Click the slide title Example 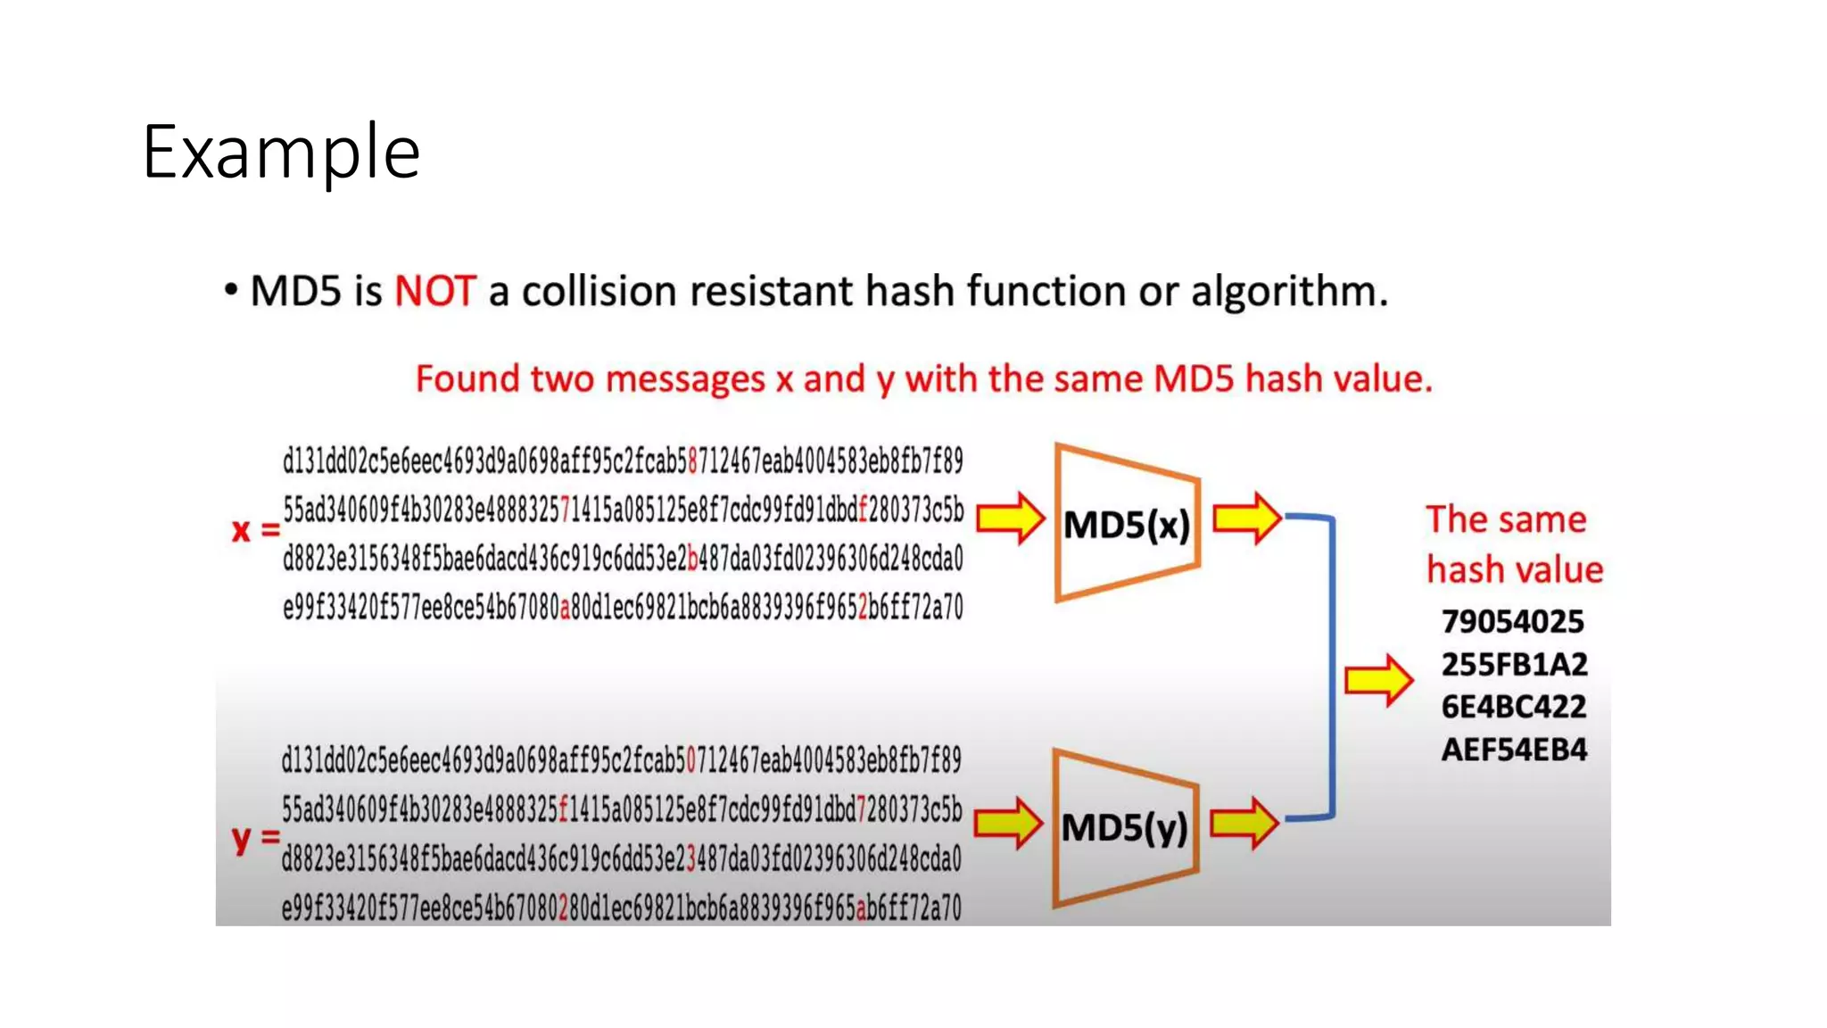tap(280, 152)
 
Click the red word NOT tap(435, 291)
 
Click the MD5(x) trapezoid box tap(1126, 524)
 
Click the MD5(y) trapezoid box tap(1124, 827)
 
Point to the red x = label tap(255, 530)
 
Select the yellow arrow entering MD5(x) tap(1010, 518)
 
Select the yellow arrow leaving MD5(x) tap(1247, 518)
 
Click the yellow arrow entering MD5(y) tap(1008, 823)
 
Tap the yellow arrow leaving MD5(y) tap(1244, 823)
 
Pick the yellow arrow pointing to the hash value tap(1379, 681)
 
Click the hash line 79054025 tap(1513, 621)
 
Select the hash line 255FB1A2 tap(1514, 664)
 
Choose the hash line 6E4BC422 tap(1514, 707)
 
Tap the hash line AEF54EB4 tap(1514, 750)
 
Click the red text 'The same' tap(1506, 519)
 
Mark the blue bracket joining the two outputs tap(1332, 666)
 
